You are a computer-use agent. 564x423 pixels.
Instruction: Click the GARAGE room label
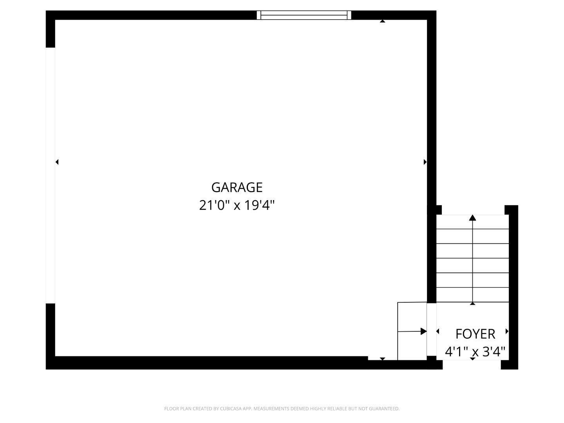pyautogui.click(x=237, y=187)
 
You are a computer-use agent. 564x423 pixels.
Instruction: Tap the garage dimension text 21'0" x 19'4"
pyautogui.click(x=237, y=205)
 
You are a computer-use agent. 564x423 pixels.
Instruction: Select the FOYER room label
pyautogui.click(x=475, y=334)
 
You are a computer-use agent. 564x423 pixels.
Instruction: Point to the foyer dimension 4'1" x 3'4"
pyautogui.click(x=475, y=351)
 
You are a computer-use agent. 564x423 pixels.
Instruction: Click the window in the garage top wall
pyautogui.click(x=304, y=15)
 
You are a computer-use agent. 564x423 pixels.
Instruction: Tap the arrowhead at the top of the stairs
pyautogui.click(x=473, y=218)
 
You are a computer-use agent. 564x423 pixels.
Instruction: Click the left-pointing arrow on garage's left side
pyautogui.click(x=57, y=162)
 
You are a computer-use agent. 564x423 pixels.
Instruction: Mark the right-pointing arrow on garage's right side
pyautogui.click(x=425, y=162)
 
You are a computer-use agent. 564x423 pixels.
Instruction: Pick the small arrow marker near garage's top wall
pyautogui.click(x=382, y=21)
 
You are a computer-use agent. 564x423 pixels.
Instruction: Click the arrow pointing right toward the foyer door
pyautogui.click(x=423, y=331)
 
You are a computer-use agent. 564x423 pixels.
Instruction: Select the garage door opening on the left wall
pyautogui.click(x=51, y=175)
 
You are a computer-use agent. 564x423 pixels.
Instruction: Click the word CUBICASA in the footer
pyautogui.click(x=230, y=409)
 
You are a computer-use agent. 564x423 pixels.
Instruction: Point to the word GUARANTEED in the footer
pyautogui.click(x=383, y=409)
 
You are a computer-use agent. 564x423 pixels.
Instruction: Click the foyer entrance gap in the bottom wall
pyautogui.click(x=472, y=365)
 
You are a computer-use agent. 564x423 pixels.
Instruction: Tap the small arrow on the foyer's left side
pyautogui.click(x=437, y=331)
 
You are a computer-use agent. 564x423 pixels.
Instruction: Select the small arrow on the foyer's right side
pyautogui.click(x=507, y=331)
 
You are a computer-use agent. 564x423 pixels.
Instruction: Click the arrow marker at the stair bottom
pyautogui.click(x=473, y=303)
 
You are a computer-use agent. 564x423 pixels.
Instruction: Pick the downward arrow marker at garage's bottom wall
pyautogui.click(x=382, y=359)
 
